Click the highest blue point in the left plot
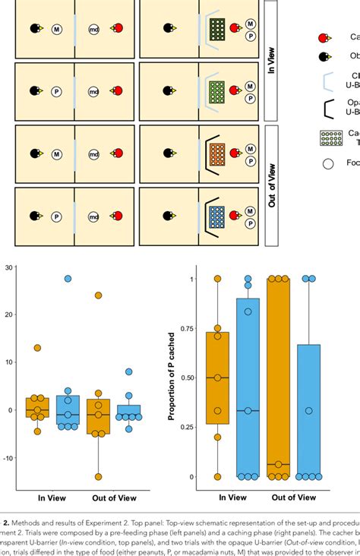[x=68, y=280]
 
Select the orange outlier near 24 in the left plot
[x=98, y=295]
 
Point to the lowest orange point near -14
[x=98, y=477]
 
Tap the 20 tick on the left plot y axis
[x=10, y=314]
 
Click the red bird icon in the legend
[x=323, y=37]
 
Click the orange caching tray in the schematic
[x=216, y=153]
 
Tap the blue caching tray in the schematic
[x=216, y=216]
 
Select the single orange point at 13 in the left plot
[x=37, y=348]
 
